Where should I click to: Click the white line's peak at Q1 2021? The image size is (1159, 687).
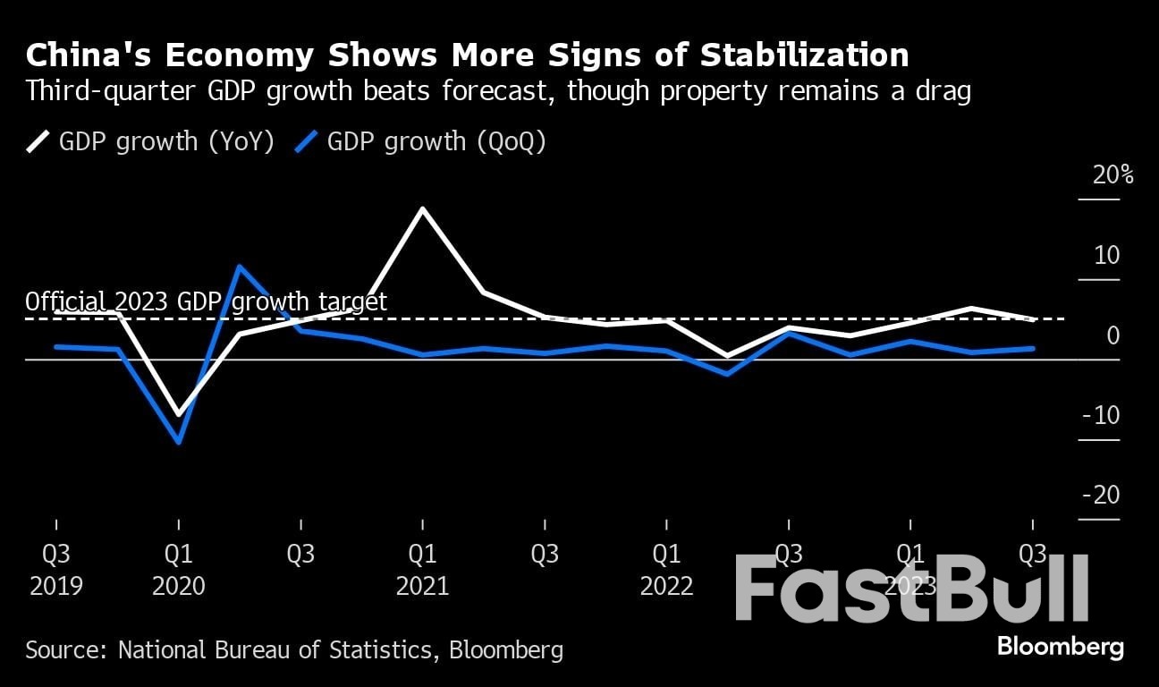point(422,209)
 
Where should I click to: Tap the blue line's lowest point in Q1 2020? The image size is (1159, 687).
point(179,442)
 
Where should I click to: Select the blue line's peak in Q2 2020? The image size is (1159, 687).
point(240,267)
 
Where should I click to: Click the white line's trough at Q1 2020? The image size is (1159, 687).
point(179,415)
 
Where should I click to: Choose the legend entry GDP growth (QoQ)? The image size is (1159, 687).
point(419,141)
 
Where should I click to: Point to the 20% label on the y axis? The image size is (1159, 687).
point(1112,174)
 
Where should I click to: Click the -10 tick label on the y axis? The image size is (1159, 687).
point(1100,416)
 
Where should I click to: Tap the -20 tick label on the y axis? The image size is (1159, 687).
point(1100,496)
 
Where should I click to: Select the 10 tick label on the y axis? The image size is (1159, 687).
point(1106,256)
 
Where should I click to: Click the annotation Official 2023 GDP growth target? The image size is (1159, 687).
point(207,301)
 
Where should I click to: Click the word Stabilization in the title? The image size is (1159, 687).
point(804,55)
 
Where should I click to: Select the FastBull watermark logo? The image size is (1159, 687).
point(912,588)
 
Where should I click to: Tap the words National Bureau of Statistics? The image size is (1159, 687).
point(277,649)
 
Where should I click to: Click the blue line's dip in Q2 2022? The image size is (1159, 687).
point(727,374)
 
